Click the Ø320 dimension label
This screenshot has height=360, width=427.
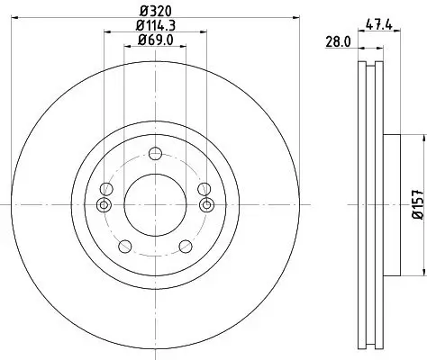click(x=156, y=10)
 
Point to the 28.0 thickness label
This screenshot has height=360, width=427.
click(x=338, y=41)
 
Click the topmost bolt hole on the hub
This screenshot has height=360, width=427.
click(x=156, y=152)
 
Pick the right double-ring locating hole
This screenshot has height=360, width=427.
click(x=207, y=205)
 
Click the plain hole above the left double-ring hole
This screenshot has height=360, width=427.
click(x=106, y=188)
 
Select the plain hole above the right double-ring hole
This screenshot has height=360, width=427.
click(x=205, y=188)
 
